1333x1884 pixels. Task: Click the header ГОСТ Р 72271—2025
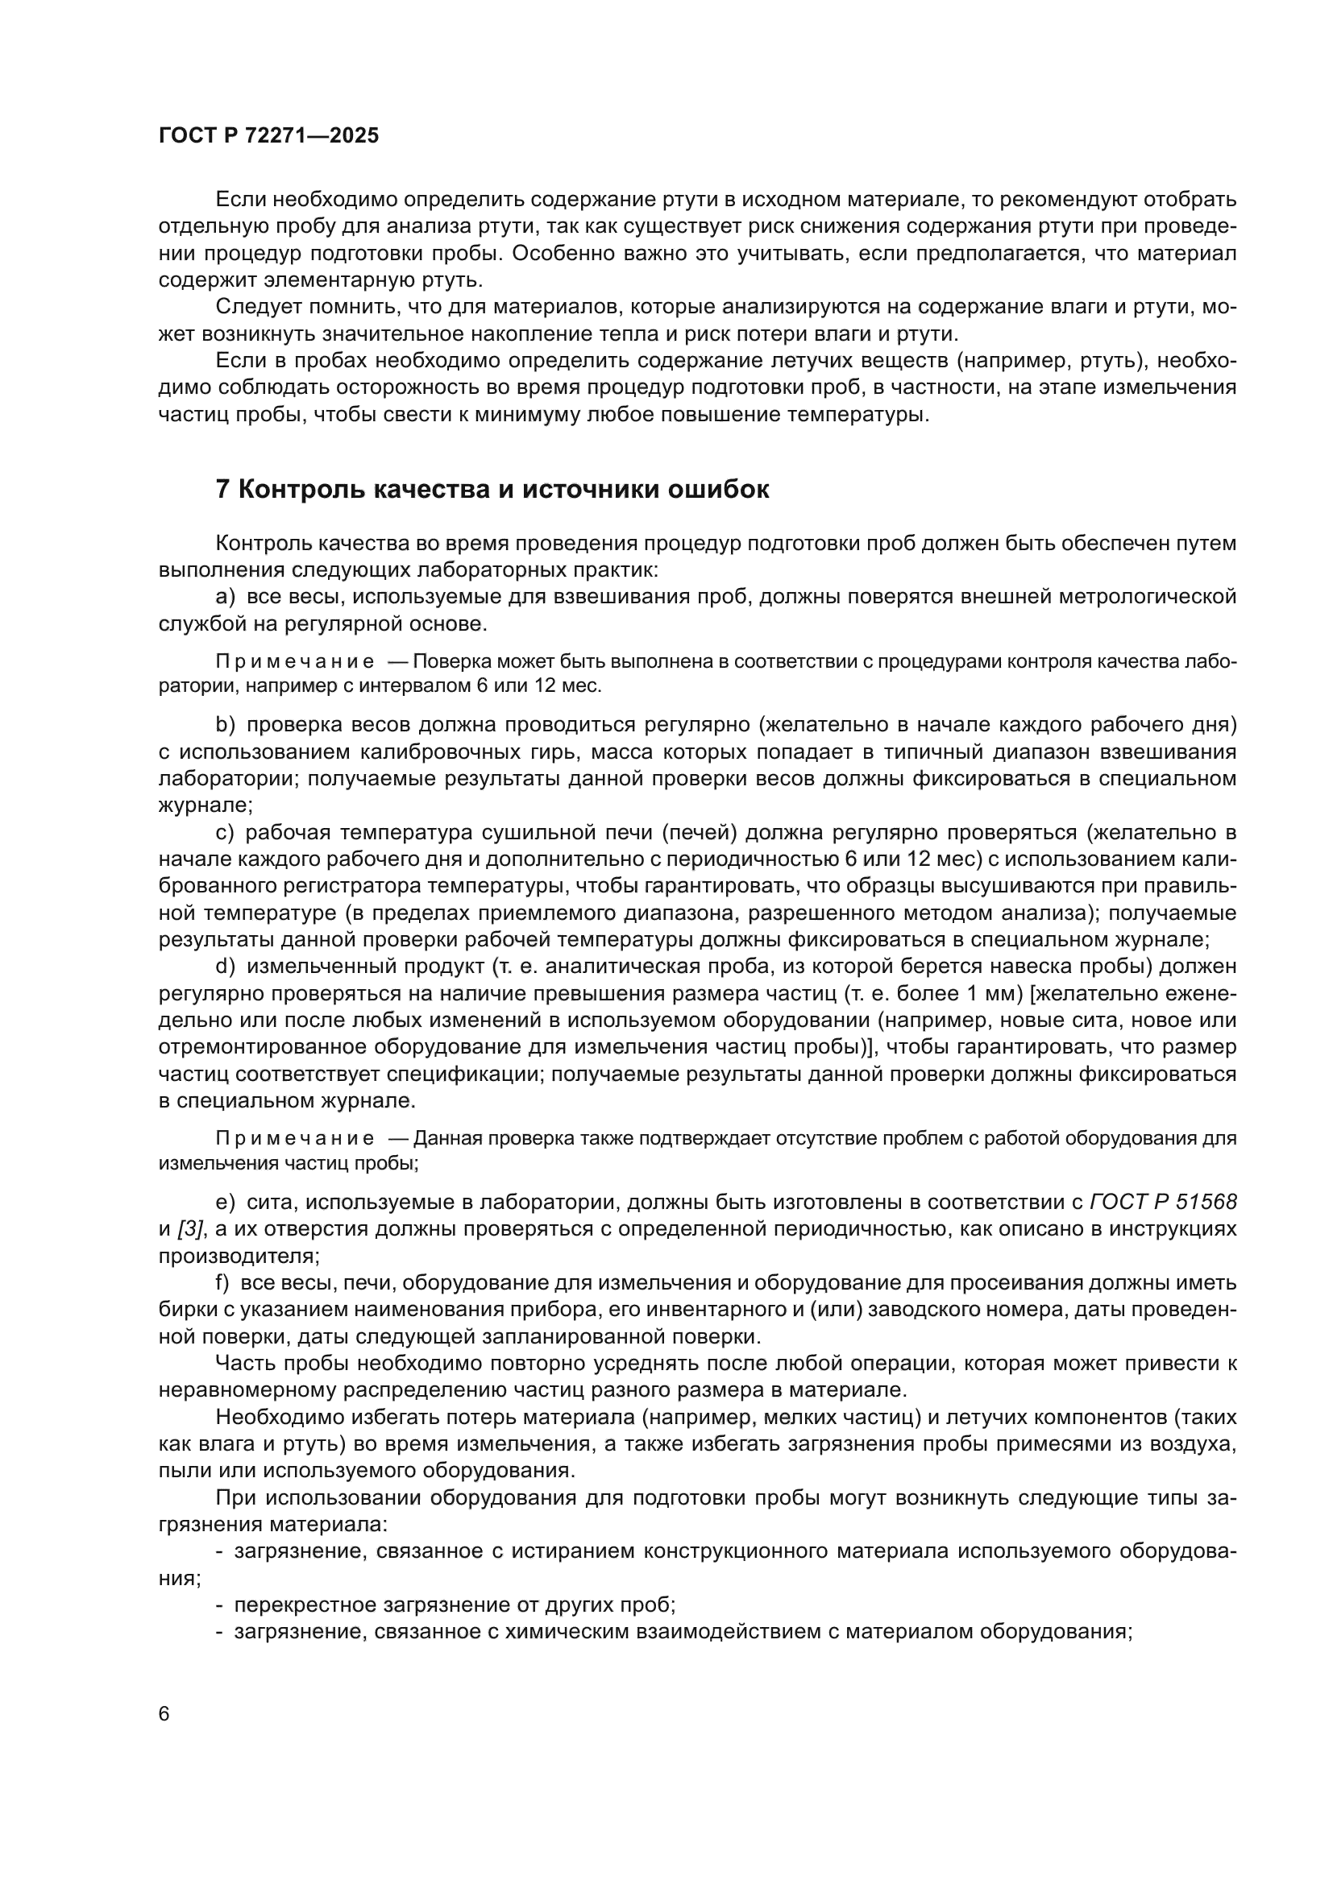pos(268,136)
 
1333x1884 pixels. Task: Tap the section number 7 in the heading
pos(222,490)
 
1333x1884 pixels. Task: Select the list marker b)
pos(226,725)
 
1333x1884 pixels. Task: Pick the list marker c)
pos(226,833)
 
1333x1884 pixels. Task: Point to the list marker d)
pos(226,967)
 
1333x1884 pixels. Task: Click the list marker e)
pos(226,1202)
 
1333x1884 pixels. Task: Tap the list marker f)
pos(223,1282)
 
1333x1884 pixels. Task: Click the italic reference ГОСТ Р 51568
pos(1162,1202)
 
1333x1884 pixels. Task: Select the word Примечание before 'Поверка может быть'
pos(295,661)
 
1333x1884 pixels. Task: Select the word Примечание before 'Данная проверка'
pos(295,1139)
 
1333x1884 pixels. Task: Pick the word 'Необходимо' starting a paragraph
pos(276,1417)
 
